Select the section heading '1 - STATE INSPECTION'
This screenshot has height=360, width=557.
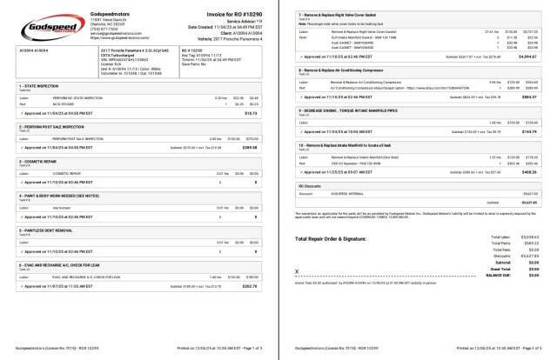coord(38,88)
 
